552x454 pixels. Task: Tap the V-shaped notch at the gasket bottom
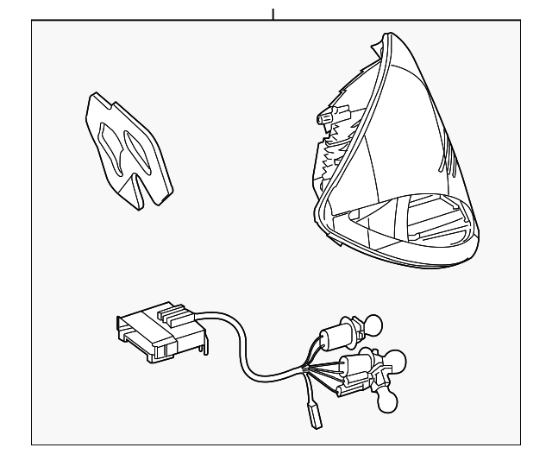click(141, 186)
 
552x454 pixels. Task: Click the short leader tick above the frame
click(273, 13)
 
